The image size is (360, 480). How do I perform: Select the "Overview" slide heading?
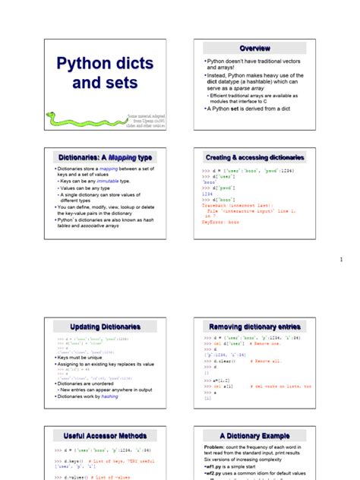[254, 48]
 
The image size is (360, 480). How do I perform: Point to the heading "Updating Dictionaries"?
[105, 326]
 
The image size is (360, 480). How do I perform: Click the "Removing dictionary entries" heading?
[254, 326]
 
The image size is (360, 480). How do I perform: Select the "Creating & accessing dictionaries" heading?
[254, 157]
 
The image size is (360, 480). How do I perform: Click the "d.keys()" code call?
[73, 460]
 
